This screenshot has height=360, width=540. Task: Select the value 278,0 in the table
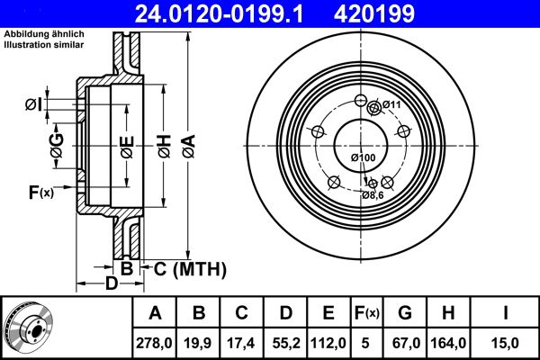tap(155, 342)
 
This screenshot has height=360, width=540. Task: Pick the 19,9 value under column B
tap(200, 342)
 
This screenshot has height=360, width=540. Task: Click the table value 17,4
tap(243, 342)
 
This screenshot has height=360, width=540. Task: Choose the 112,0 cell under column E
tap(329, 342)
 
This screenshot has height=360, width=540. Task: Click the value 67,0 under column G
tap(404, 342)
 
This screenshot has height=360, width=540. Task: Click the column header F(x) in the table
tap(367, 313)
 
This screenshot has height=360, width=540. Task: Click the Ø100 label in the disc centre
tap(362, 158)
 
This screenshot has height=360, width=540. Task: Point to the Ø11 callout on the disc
tap(391, 105)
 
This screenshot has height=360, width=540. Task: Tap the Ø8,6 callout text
tap(373, 194)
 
